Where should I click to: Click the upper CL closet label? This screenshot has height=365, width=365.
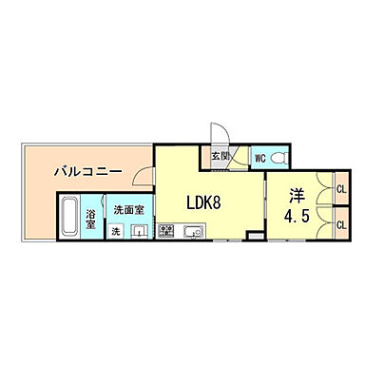(x=341, y=190)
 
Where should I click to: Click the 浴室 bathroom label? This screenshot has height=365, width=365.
(x=91, y=218)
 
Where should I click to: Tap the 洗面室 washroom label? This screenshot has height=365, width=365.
(x=127, y=210)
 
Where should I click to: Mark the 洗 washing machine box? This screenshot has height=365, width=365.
(x=115, y=231)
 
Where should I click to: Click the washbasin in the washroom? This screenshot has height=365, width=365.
(x=139, y=230)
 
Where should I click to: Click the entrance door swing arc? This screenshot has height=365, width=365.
(x=218, y=134)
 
